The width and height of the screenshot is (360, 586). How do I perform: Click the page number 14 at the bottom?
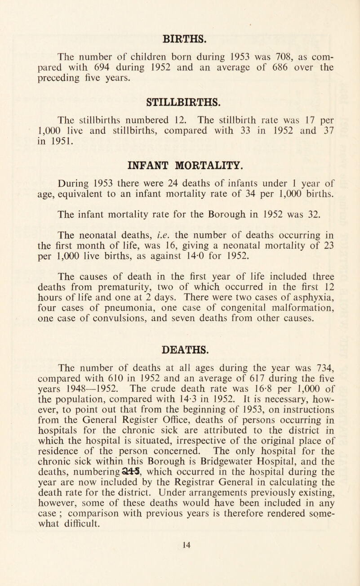(x=179, y=571)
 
